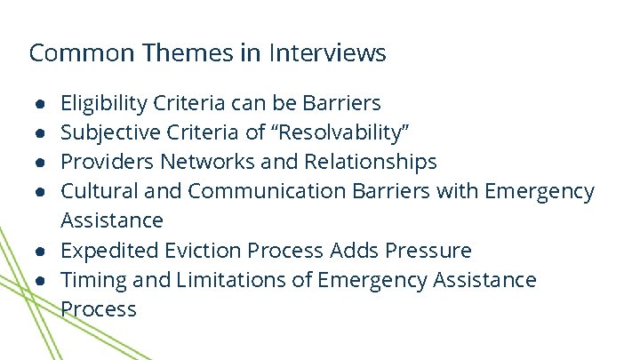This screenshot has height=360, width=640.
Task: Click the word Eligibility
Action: pos(103,104)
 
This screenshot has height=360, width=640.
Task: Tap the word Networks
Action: pos(204,163)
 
